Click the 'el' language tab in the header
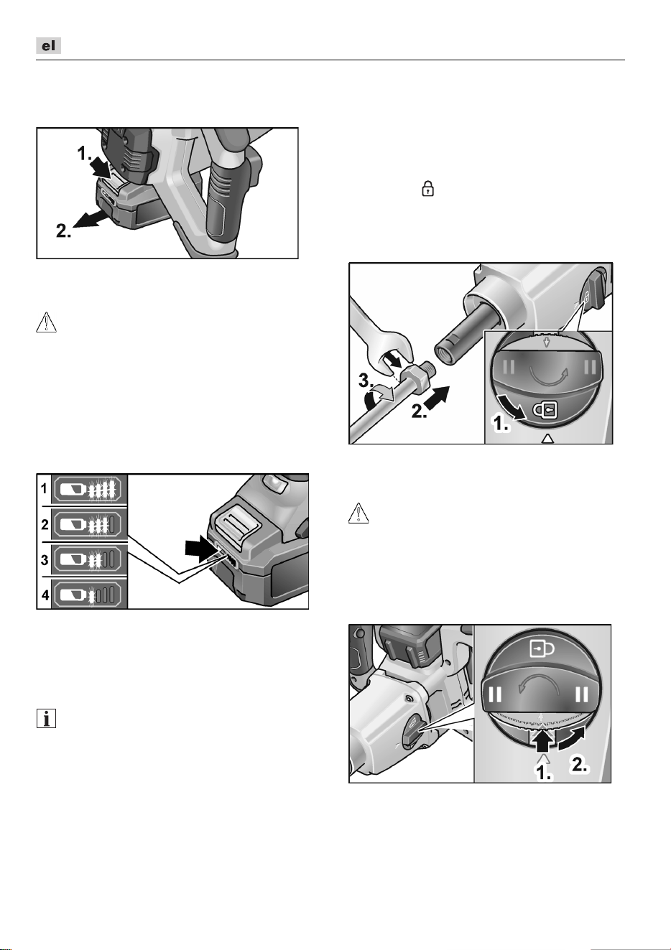pyautogui.click(x=48, y=46)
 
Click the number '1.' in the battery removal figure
pyautogui.click(x=85, y=154)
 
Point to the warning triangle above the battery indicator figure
pyautogui.click(x=46, y=322)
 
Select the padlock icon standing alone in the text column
pyautogui.click(x=427, y=188)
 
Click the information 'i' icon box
pyautogui.click(x=46, y=719)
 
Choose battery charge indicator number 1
pyautogui.click(x=89, y=490)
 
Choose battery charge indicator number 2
pyautogui.click(x=89, y=525)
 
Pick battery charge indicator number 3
pyautogui.click(x=89, y=560)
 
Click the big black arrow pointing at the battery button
pyautogui.click(x=202, y=549)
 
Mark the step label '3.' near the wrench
pyautogui.click(x=366, y=381)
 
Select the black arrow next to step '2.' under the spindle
pyautogui.click(x=436, y=398)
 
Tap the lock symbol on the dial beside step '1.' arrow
pyautogui.click(x=545, y=411)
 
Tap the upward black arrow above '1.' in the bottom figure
pyautogui.click(x=544, y=739)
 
